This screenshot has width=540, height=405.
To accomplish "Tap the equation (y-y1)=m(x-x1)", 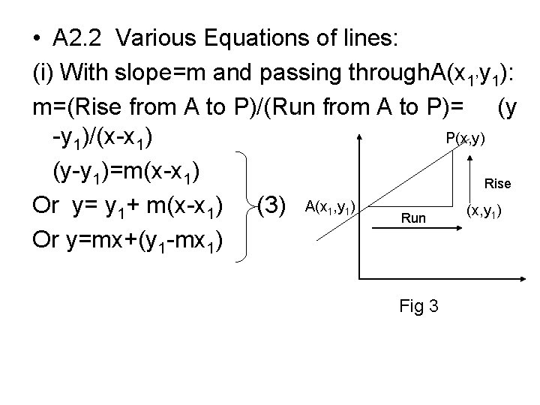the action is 125,172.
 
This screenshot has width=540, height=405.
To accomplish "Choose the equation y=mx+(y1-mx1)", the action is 125,240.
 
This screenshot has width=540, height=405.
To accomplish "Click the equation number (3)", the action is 274,205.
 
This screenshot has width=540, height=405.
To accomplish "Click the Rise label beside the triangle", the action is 498,182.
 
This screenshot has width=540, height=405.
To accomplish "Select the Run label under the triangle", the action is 413,218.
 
